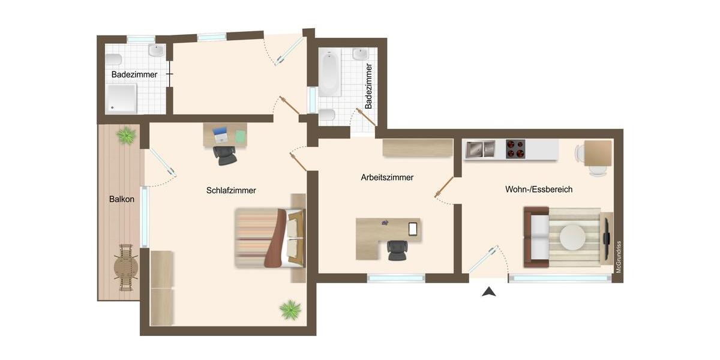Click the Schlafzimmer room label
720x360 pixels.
pyautogui.click(x=231, y=191)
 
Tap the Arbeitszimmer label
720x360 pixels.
pyautogui.click(x=387, y=178)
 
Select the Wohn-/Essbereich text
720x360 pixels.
pyautogui.click(x=538, y=190)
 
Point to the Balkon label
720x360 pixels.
pyautogui.click(x=121, y=199)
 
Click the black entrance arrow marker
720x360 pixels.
pyautogui.click(x=490, y=292)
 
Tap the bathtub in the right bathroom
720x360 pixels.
pyautogui.click(x=329, y=73)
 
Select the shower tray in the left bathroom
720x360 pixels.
pyautogui.click(x=122, y=98)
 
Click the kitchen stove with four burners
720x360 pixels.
pyautogui.click(x=515, y=149)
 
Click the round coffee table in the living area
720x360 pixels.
pyautogui.click(x=572, y=238)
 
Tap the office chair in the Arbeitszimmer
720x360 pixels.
pyautogui.click(x=397, y=250)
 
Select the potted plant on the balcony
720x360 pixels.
pyautogui.click(x=126, y=136)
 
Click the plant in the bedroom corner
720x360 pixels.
pyautogui.click(x=290, y=310)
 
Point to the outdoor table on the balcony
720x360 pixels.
pyautogui.click(x=126, y=268)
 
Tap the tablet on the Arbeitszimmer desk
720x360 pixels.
pyautogui.click(x=413, y=228)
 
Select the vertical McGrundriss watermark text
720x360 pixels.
pyautogui.click(x=619, y=257)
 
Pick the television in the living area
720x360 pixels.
pyautogui.click(x=606, y=238)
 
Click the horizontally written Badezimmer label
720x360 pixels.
pyautogui.click(x=134, y=75)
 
